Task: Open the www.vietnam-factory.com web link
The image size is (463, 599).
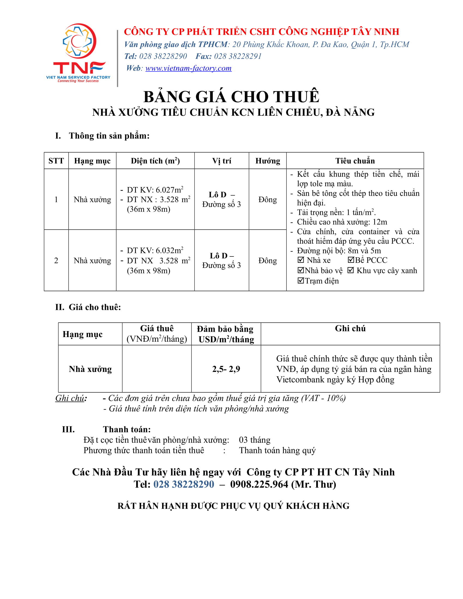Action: point(188,68)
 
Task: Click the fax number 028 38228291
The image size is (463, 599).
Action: point(237,56)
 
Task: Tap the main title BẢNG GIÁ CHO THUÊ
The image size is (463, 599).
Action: point(231,97)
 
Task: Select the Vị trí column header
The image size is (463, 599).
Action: point(221,161)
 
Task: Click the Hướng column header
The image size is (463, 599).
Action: point(267,161)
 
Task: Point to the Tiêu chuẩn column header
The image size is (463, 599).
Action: point(355,161)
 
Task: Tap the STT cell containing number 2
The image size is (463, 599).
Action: point(56,260)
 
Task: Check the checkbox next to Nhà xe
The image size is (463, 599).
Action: point(301,260)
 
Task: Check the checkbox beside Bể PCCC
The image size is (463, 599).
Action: point(351,260)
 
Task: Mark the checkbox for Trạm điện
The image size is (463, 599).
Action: point(301,280)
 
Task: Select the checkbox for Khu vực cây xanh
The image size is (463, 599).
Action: point(351,270)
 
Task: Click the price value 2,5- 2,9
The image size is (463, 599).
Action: point(226,369)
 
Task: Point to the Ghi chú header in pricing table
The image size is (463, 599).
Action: point(350,329)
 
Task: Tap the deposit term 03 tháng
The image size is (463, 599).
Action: point(255,440)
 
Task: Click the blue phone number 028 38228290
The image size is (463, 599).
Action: point(184,484)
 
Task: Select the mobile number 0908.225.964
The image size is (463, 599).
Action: point(259,484)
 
